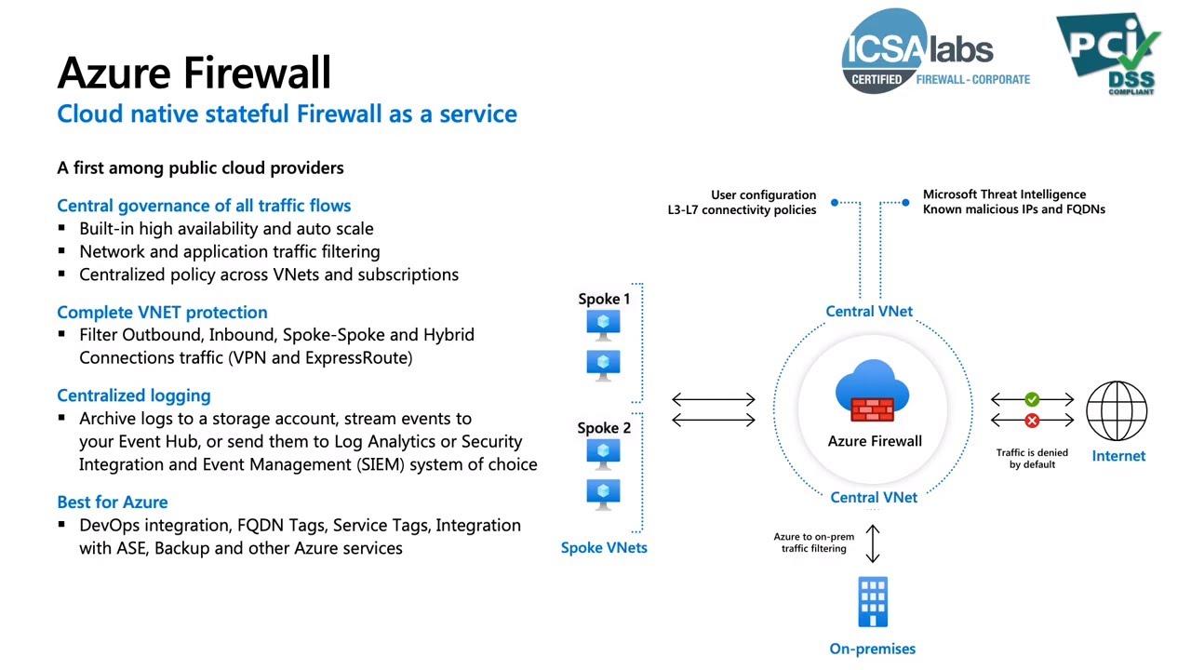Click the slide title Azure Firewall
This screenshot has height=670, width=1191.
[x=194, y=73]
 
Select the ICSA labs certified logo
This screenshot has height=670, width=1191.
[x=934, y=51]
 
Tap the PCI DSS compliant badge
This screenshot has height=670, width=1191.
[x=1108, y=53]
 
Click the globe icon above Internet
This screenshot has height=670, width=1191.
[x=1117, y=410]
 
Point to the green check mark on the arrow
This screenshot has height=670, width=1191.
[x=1032, y=399]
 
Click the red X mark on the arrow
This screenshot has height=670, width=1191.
[x=1032, y=422]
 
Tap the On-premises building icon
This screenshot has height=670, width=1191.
[x=872, y=602]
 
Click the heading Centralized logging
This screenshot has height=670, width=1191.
[x=134, y=395]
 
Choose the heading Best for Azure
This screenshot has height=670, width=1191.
[x=113, y=502]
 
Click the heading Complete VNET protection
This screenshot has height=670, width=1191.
[x=162, y=312]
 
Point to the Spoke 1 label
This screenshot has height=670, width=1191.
[x=604, y=299]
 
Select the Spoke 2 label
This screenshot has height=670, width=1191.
[x=604, y=428]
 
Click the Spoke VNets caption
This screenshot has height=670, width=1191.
[x=604, y=548]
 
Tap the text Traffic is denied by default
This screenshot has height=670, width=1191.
[x=1032, y=458]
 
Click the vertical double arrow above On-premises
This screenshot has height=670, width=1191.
[x=872, y=543]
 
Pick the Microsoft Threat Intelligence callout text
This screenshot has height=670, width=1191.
[x=1013, y=202]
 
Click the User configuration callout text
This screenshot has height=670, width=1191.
[x=742, y=202]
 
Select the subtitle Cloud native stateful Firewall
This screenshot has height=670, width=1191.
[x=287, y=114]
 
